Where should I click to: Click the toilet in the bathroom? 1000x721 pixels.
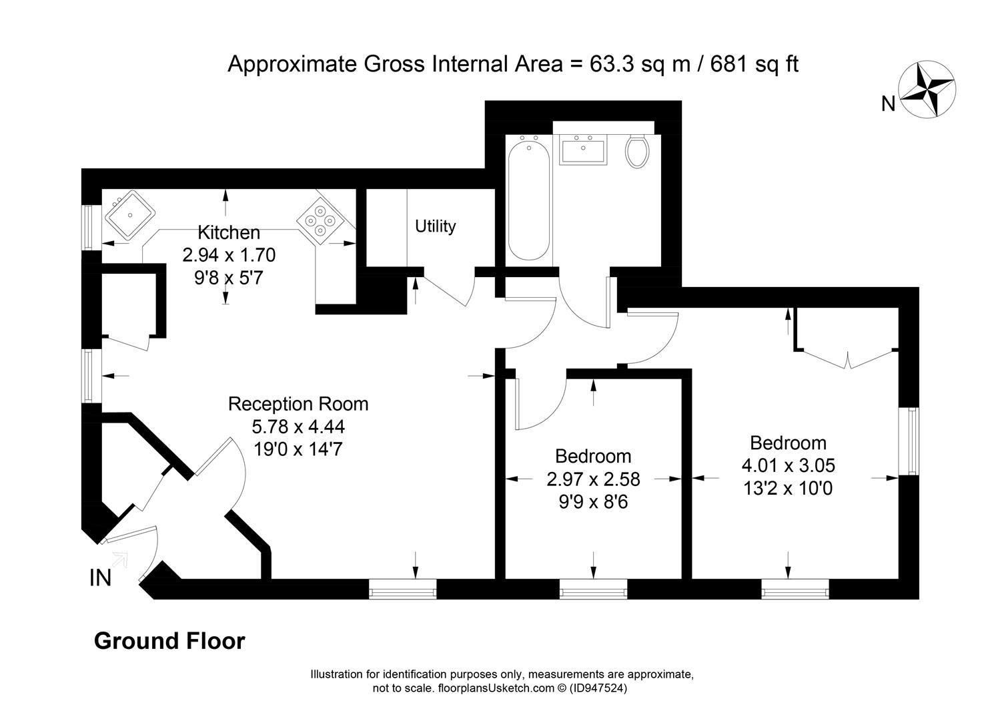click(637, 152)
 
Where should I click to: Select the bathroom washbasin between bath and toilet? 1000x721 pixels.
click(584, 150)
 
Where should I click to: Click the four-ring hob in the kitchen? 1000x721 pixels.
click(320, 221)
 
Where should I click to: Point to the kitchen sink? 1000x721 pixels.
click(130, 215)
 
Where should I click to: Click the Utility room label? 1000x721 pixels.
click(435, 226)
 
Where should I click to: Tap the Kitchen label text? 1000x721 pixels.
click(229, 233)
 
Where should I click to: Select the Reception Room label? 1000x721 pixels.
click(298, 404)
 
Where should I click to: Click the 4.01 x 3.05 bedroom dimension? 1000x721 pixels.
click(788, 465)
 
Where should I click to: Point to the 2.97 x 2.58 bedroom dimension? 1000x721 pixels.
click(593, 479)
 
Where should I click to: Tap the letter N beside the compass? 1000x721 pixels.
click(889, 104)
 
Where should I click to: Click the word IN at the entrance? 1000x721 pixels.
click(101, 578)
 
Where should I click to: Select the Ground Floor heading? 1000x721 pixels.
click(169, 641)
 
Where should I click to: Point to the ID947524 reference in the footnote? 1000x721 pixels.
click(598, 688)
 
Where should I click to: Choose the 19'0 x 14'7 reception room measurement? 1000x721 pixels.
click(298, 449)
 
